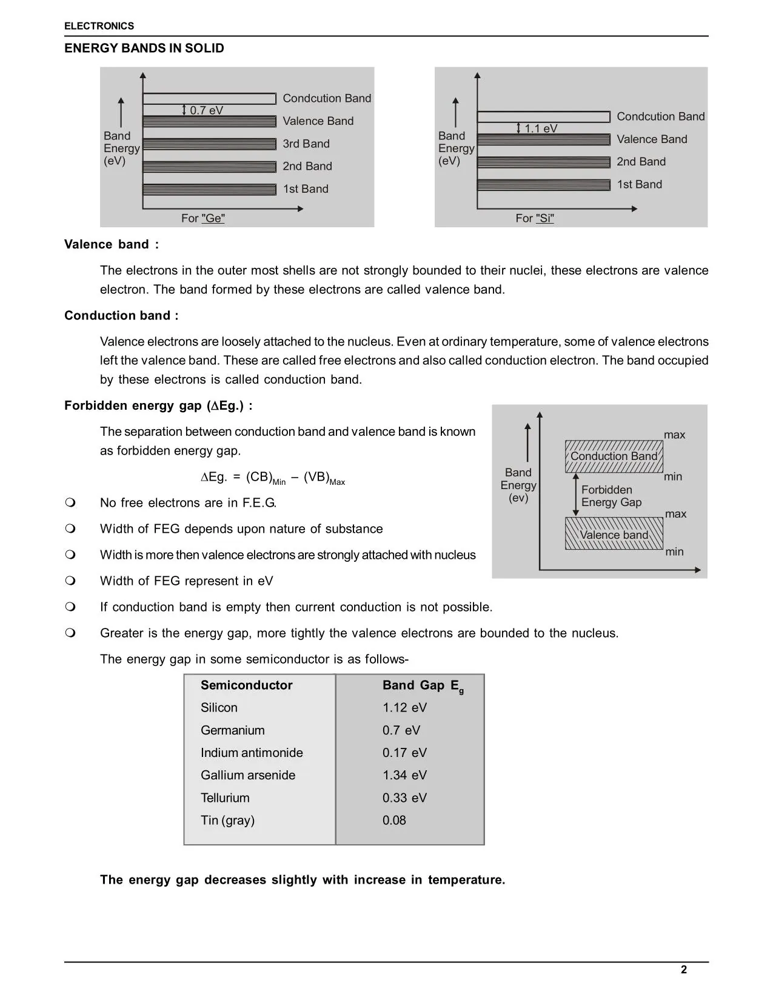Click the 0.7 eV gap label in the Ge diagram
pyautogui.click(x=206, y=110)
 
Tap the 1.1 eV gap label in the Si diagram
pyautogui.click(x=540, y=128)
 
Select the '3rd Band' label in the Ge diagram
pyautogui.click(x=306, y=144)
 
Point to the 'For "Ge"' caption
pyautogui.click(x=202, y=218)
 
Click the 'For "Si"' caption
pyautogui.click(x=535, y=218)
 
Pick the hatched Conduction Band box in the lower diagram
pyautogui.click(x=614, y=456)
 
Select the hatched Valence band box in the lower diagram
pyautogui.click(x=614, y=534)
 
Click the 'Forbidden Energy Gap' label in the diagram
pyautogui.click(x=611, y=496)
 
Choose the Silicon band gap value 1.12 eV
pyautogui.click(x=404, y=708)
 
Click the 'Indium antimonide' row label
pyautogui.click(x=252, y=753)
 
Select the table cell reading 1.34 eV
pyautogui.click(x=404, y=775)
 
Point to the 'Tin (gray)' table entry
pyautogui.click(x=227, y=821)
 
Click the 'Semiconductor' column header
pyautogui.click(x=246, y=685)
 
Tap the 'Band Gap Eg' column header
pyautogui.click(x=423, y=686)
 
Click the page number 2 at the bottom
pyautogui.click(x=684, y=970)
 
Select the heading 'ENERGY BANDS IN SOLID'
pyautogui.click(x=144, y=48)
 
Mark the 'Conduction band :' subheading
pyautogui.click(x=121, y=316)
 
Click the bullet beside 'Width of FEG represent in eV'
pyautogui.click(x=70, y=581)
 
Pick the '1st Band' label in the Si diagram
pyautogui.click(x=639, y=184)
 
